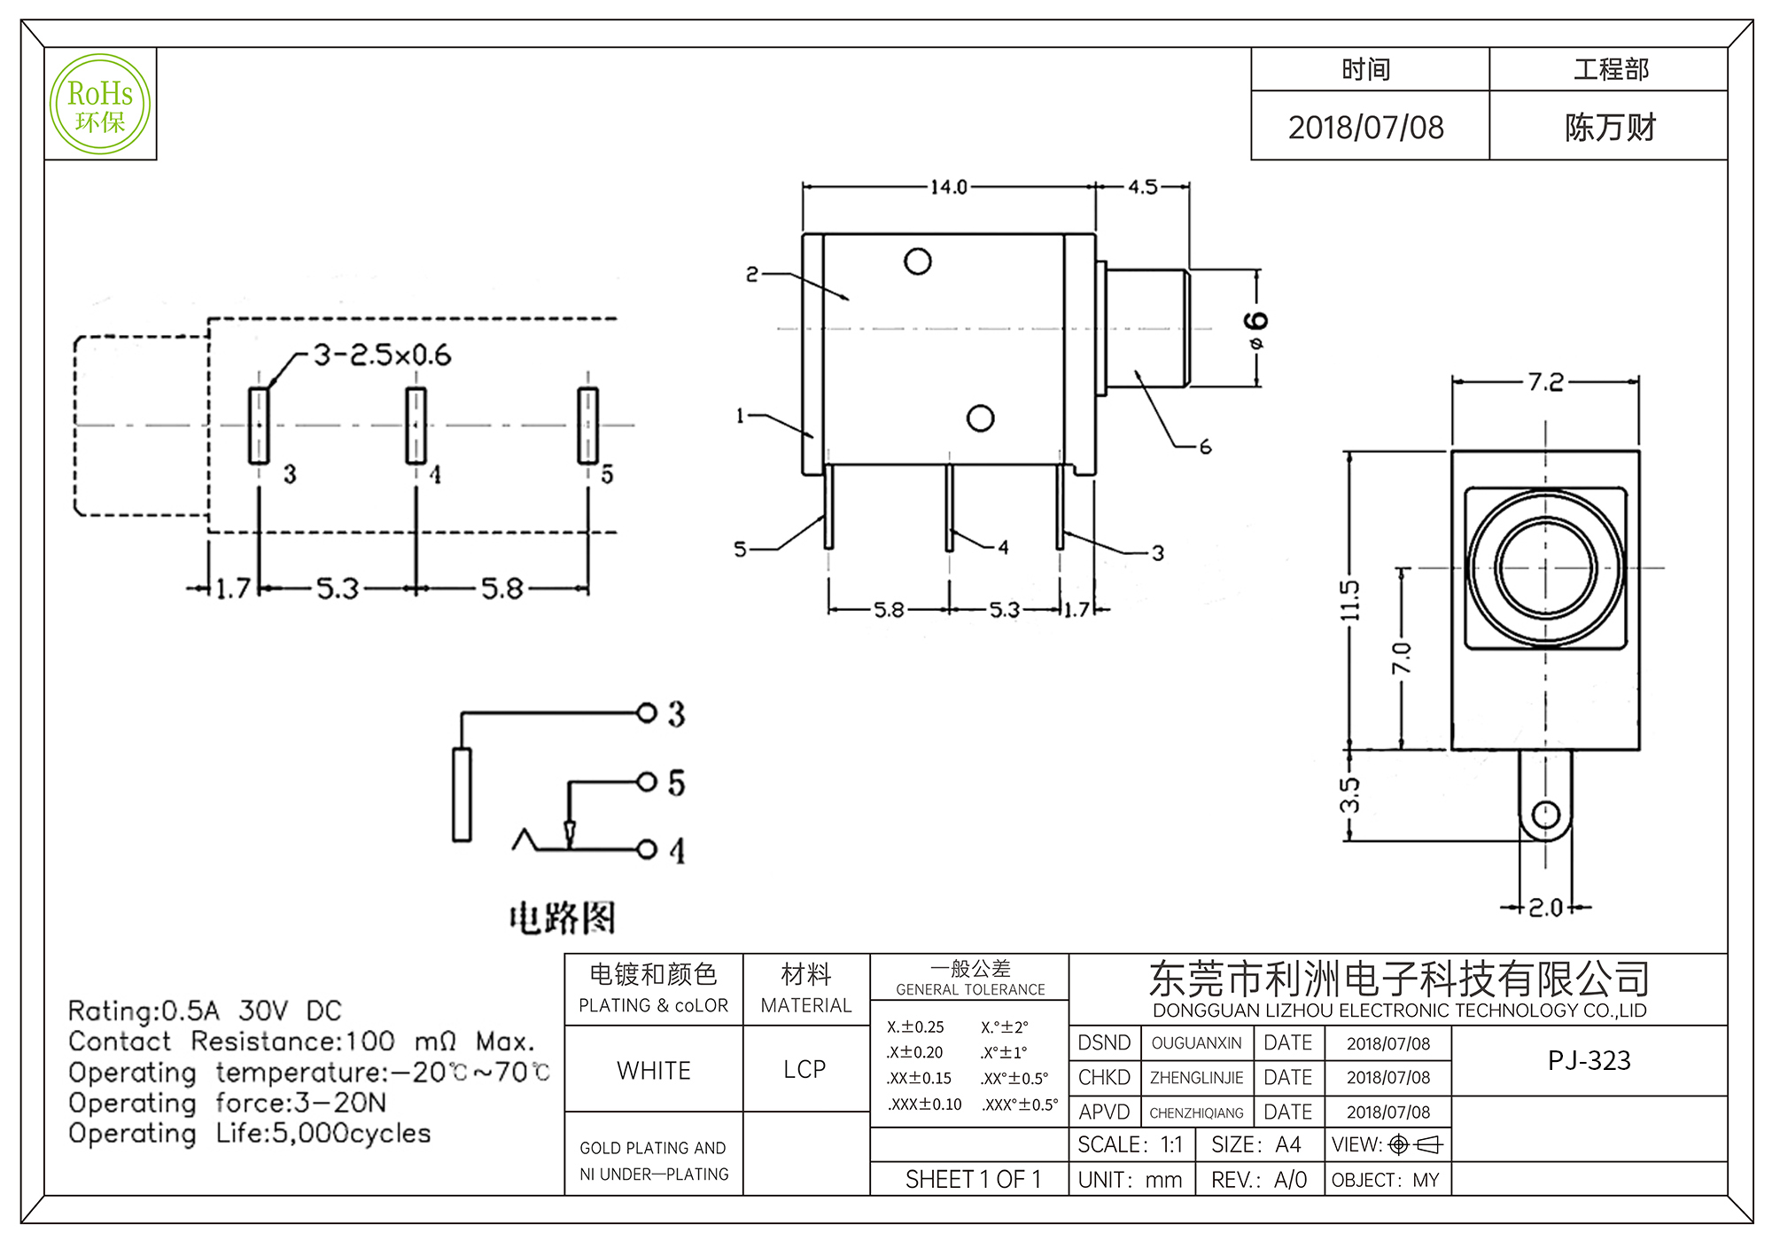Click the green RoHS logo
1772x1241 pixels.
(x=100, y=105)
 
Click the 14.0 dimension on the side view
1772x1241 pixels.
(x=948, y=187)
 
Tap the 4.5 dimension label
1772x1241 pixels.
(x=1143, y=187)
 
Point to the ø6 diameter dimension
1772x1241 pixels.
(x=1256, y=329)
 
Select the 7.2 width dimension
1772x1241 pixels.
(x=1545, y=382)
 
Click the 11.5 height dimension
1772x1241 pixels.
(x=1349, y=600)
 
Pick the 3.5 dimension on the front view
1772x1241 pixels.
(x=1349, y=794)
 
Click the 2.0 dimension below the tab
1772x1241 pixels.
(x=1546, y=908)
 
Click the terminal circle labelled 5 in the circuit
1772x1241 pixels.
(x=647, y=782)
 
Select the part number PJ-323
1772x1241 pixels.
(x=1589, y=1060)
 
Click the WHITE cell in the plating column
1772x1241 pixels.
(x=654, y=1070)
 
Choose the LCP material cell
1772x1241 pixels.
(x=804, y=1069)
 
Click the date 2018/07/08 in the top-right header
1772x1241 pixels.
(x=1365, y=128)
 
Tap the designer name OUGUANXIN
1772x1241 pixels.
(x=1196, y=1043)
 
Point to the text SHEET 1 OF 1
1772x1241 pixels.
(x=973, y=1179)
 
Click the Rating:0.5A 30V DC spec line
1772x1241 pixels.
(x=205, y=1011)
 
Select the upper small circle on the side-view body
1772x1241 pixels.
(x=918, y=261)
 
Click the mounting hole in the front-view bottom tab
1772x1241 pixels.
(x=1545, y=814)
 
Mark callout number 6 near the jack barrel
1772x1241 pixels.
(x=1205, y=447)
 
